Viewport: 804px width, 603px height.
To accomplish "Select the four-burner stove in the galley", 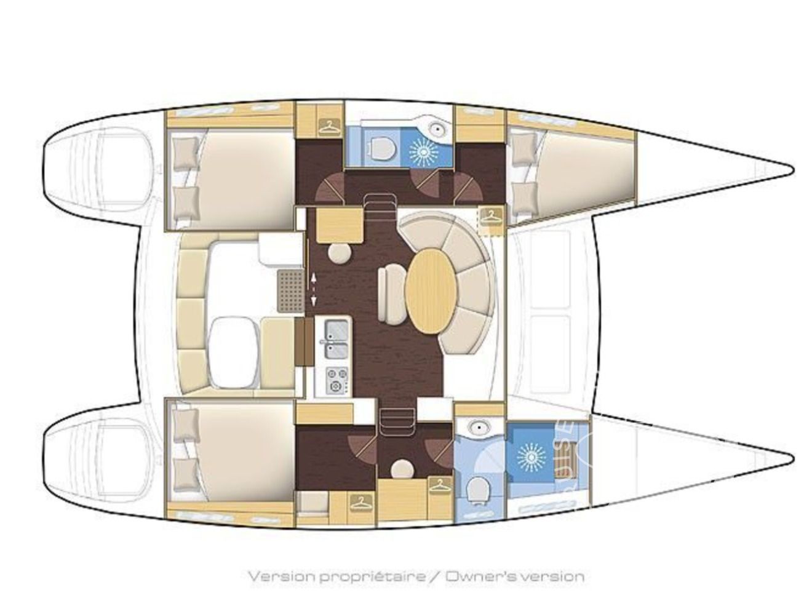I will click(334, 380).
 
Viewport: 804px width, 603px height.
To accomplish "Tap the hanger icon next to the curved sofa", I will click(491, 216).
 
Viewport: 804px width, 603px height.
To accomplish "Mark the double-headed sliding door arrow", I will click(313, 289).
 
